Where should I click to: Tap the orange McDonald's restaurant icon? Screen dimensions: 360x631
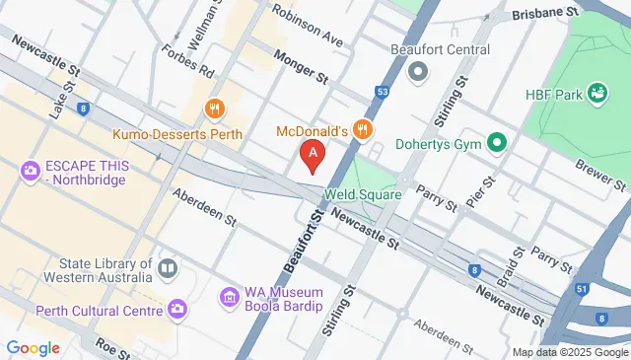[x=364, y=128]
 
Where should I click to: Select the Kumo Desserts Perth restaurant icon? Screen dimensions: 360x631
[x=212, y=108]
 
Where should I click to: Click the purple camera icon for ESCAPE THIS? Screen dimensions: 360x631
[x=30, y=171]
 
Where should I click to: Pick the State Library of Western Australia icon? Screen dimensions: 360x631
[x=168, y=268]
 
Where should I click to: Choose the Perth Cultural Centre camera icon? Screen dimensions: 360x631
[x=177, y=310]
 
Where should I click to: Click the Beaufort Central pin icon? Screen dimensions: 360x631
[x=418, y=71]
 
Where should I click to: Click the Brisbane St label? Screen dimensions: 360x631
[x=543, y=14]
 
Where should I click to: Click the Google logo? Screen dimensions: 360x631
[x=33, y=347]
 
